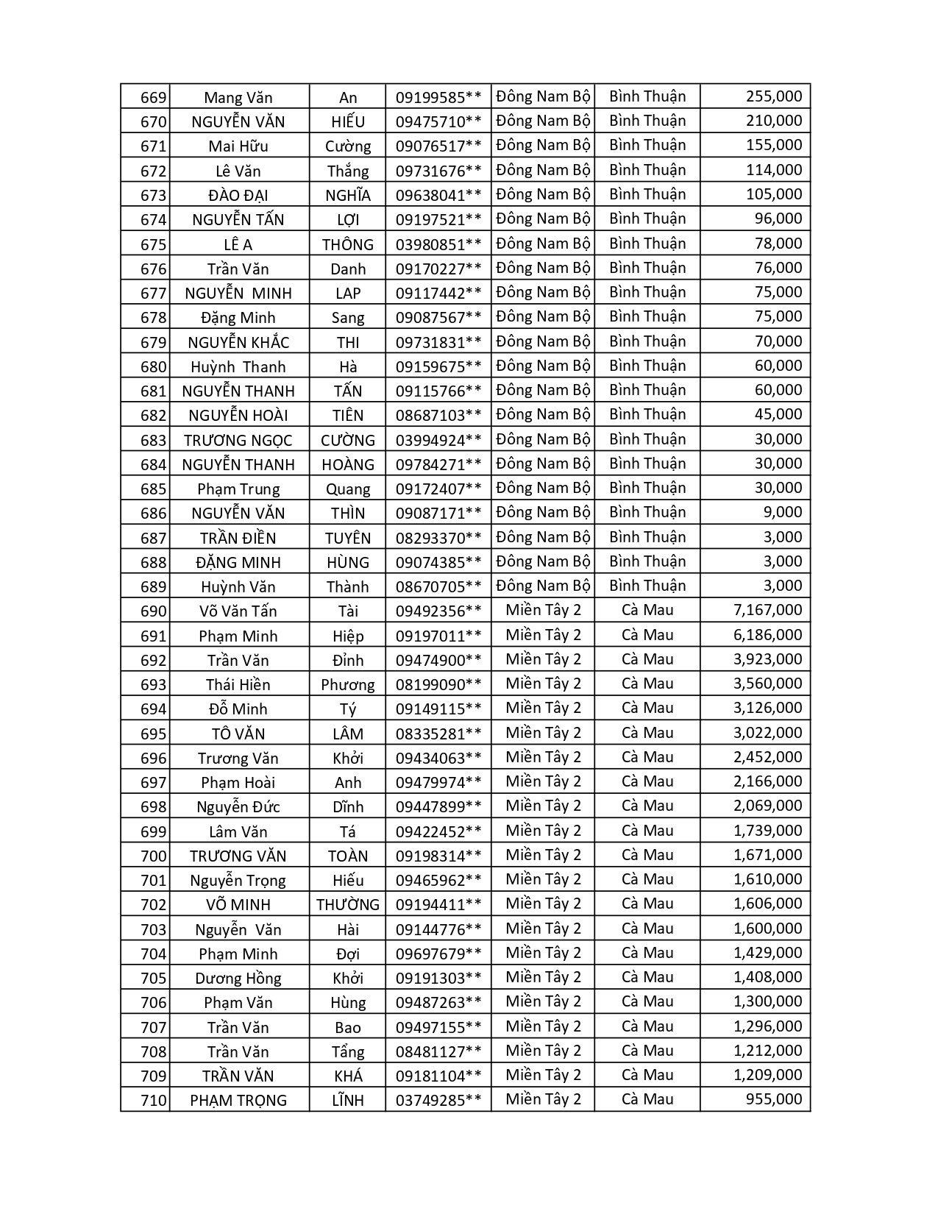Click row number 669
[153, 98]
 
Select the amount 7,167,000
[767, 610]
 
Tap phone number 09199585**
[438, 98]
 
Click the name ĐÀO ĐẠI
[238, 196]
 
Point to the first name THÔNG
[347, 244]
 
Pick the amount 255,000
[773, 96]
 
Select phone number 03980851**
[438, 244]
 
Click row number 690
[153, 611]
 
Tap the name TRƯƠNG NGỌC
[238, 440]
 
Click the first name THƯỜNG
[347, 904]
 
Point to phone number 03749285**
[438, 1100]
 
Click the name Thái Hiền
[238, 685]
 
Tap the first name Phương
[347, 685]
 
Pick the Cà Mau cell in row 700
[647, 855]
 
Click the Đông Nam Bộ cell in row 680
[543, 366]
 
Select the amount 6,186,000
[767, 635]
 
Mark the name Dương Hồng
[238, 978]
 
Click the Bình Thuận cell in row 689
[647, 586]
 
